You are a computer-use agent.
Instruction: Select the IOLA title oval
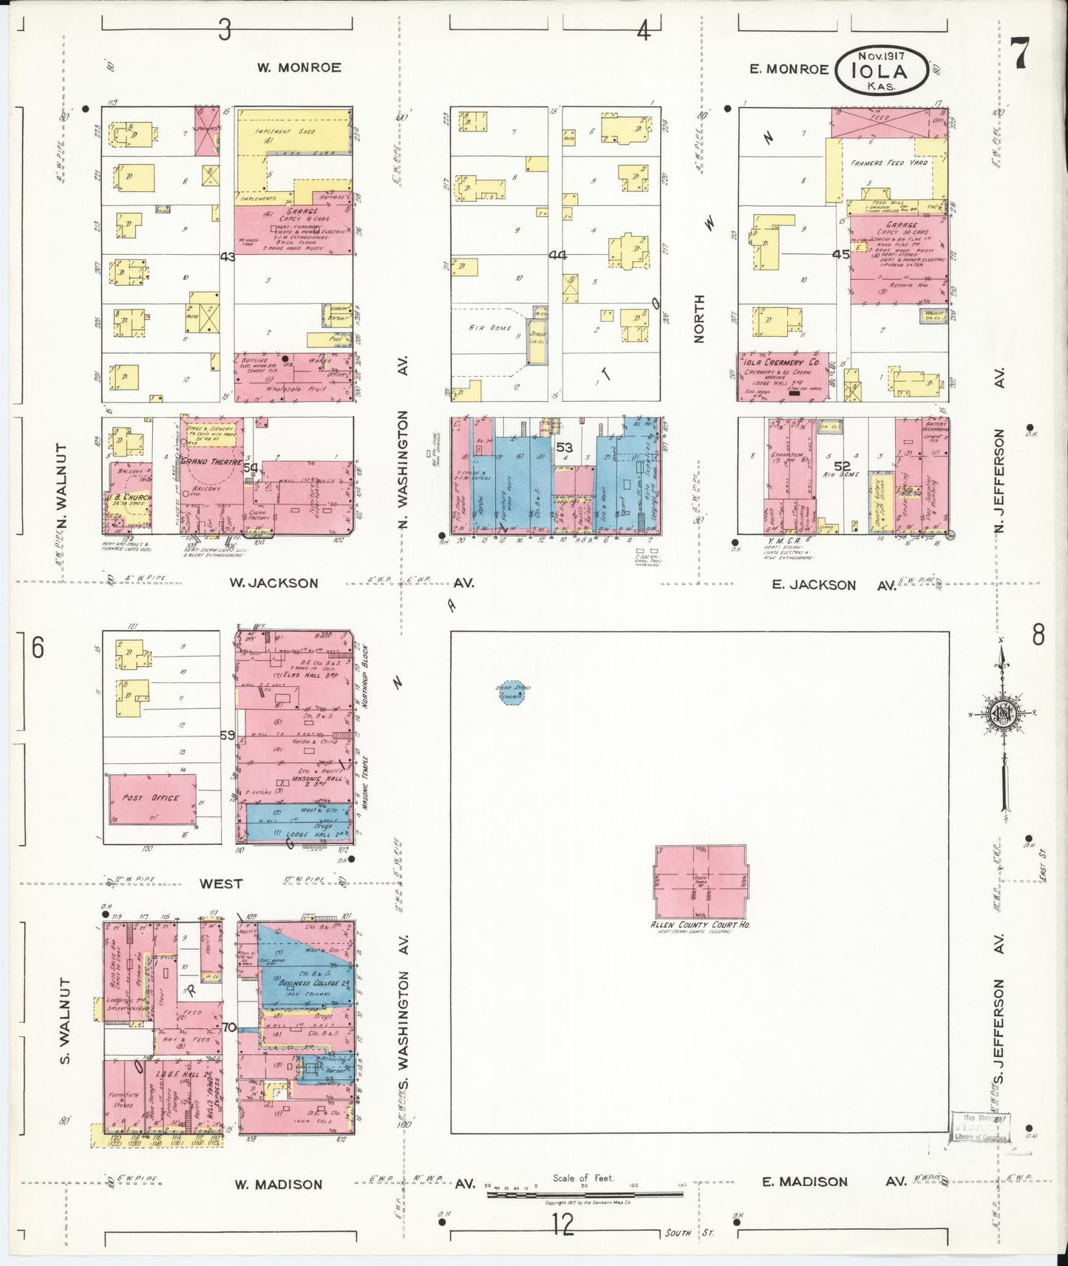click(x=881, y=71)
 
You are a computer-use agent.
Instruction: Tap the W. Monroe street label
click(x=299, y=67)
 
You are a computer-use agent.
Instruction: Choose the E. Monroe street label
click(x=789, y=69)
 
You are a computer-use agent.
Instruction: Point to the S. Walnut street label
click(x=66, y=1022)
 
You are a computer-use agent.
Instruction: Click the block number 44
click(x=557, y=255)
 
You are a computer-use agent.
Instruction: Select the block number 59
click(x=227, y=735)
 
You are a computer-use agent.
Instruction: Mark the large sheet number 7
click(x=1021, y=53)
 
